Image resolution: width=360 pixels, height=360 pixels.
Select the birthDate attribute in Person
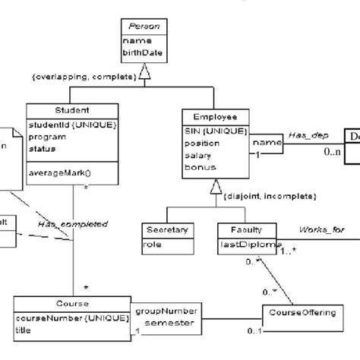(x=140, y=52)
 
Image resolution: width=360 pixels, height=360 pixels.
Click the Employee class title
(x=215, y=117)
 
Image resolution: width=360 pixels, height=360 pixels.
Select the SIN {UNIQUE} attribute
(x=215, y=131)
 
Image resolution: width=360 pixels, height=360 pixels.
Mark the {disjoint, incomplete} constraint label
(x=269, y=196)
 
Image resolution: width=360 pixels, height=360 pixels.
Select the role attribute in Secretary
(x=153, y=245)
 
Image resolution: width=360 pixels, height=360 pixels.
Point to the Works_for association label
(x=321, y=229)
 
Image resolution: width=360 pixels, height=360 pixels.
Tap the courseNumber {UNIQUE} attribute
(x=68, y=319)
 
